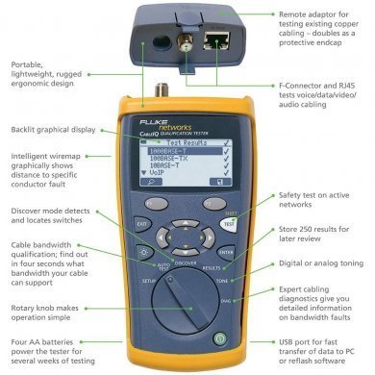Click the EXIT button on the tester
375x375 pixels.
click(x=141, y=226)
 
